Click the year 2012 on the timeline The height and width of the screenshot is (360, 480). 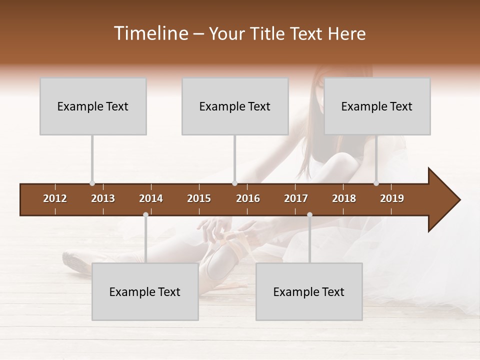(x=55, y=198)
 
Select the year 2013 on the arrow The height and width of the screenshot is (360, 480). (x=103, y=198)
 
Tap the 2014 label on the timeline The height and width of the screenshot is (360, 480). (x=151, y=198)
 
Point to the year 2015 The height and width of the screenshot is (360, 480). (x=199, y=198)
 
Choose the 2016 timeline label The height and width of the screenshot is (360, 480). (x=248, y=198)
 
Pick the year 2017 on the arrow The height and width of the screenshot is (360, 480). (x=296, y=198)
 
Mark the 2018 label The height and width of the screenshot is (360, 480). (x=344, y=198)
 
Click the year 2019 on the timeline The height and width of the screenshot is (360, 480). (x=392, y=198)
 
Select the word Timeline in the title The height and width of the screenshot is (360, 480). (x=150, y=33)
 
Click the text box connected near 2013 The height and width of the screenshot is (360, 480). (x=93, y=106)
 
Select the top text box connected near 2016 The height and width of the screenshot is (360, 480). (x=235, y=106)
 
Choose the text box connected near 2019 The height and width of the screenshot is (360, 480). (x=377, y=106)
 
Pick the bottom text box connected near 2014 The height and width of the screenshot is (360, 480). (x=145, y=291)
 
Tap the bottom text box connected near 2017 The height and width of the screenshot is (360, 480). (x=309, y=291)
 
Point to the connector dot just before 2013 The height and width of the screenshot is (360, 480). (x=92, y=183)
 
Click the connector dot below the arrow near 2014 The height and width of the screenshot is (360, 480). (x=145, y=215)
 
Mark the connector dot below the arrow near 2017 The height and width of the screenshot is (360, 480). (x=309, y=215)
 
